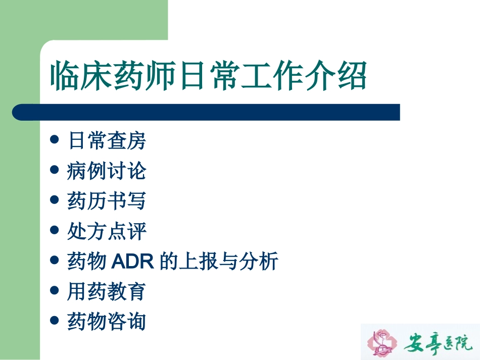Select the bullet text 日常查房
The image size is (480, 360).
(107, 141)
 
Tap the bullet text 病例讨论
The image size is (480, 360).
(107, 171)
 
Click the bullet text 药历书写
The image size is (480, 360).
(107, 201)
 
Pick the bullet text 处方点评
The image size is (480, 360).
(107, 231)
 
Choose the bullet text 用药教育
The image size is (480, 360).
(107, 291)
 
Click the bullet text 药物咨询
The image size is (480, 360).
(107, 322)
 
